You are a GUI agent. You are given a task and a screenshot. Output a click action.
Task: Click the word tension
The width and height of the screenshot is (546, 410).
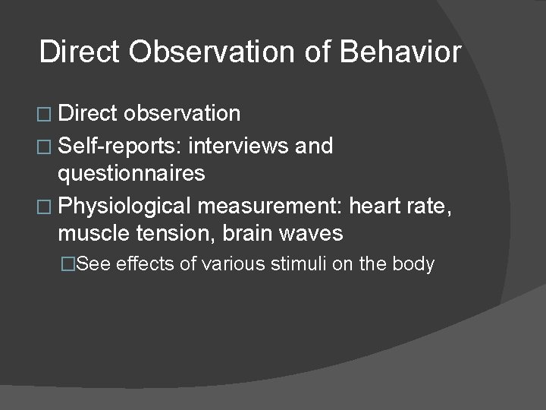[180, 234]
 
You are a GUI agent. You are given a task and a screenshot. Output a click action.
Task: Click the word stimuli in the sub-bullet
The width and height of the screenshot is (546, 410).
[299, 264]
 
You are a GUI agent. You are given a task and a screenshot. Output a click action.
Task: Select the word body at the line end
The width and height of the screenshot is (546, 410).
[415, 264]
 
